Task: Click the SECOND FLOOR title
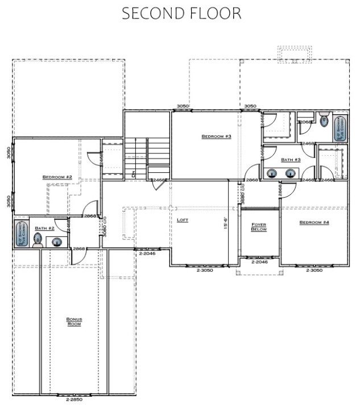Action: point(181,14)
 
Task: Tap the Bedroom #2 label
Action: point(57,177)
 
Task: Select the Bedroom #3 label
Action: point(216,136)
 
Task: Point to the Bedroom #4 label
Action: point(315,222)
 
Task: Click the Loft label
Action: point(182,220)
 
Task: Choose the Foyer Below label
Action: point(259,227)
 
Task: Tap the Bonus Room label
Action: point(74,321)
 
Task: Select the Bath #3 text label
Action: point(290,160)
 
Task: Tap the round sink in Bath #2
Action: point(57,242)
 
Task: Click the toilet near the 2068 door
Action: point(324,120)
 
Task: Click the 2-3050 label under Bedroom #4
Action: point(315,271)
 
